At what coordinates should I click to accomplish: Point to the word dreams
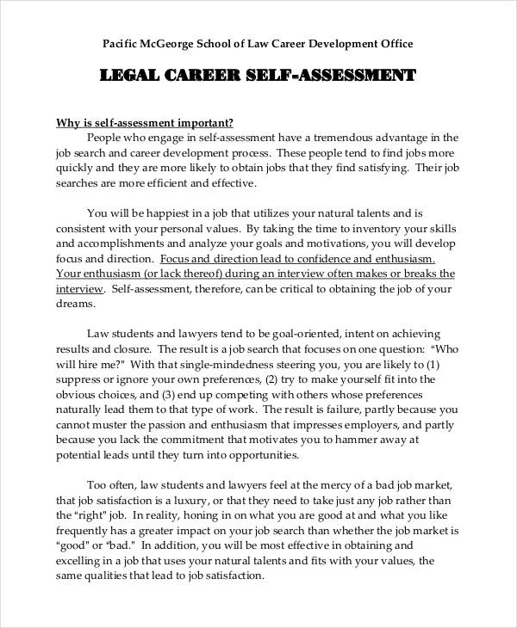[74, 305]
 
